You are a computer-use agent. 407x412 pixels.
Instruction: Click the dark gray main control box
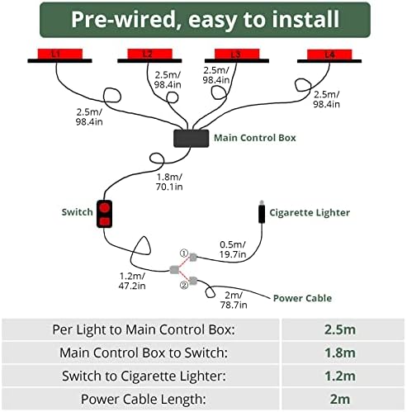pyautogui.click(x=191, y=139)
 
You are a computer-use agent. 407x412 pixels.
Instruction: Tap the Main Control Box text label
pyautogui.click(x=255, y=138)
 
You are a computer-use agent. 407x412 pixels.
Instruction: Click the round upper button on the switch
pyautogui.click(x=104, y=207)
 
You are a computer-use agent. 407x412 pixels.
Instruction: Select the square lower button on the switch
pyautogui.click(x=104, y=221)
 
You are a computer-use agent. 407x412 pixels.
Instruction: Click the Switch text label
pyautogui.click(x=77, y=212)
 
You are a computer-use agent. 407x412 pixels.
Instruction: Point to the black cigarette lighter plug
pyautogui.click(x=262, y=212)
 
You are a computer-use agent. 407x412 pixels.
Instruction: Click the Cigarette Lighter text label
pyautogui.click(x=310, y=213)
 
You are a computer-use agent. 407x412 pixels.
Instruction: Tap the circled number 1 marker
pyautogui.click(x=183, y=253)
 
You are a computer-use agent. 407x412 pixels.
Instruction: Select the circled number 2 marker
pyautogui.click(x=184, y=285)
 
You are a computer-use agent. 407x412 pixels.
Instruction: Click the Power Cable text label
pyautogui.click(x=302, y=298)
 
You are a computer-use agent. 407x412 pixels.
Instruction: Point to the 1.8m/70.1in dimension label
pyautogui.click(x=169, y=182)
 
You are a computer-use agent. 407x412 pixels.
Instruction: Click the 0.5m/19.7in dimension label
pyautogui.click(x=233, y=249)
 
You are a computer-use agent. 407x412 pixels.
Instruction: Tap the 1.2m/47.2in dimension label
pyautogui.click(x=132, y=281)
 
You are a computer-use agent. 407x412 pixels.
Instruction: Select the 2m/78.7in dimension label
pyautogui.click(x=234, y=300)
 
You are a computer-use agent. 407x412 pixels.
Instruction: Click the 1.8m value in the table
pyautogui.click(x=340, y=353)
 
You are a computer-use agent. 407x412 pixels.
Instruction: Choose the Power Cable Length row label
pyautogui.click(x=144, y=400)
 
